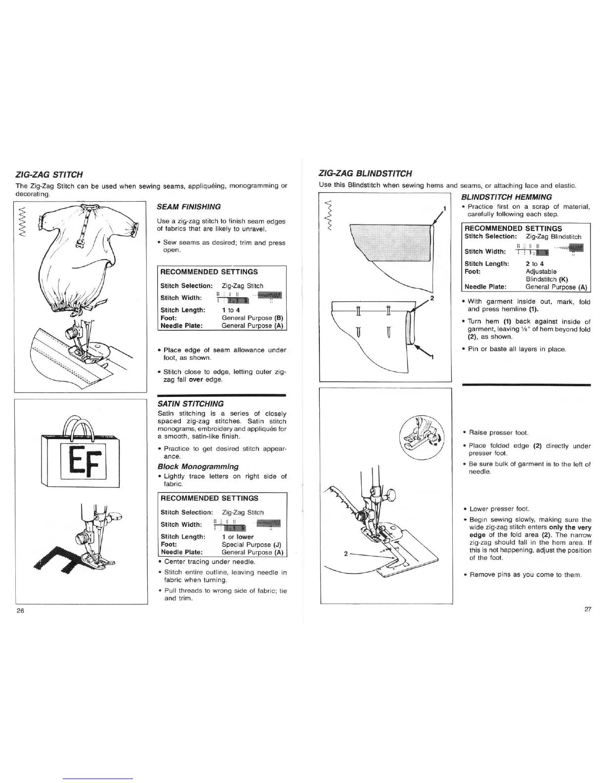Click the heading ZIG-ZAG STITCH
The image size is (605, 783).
click(x=49, y=174)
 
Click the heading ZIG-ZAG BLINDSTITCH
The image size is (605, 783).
click(x=366, y=174)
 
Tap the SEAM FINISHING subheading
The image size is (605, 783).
click(x=188, y=207)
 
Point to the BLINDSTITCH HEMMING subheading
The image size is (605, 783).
click(x=506, y=197)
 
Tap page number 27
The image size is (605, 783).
click(x=588, y=609)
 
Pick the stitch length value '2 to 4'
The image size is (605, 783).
click(x=534, y=264)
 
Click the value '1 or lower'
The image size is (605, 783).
click(x=238, y=537)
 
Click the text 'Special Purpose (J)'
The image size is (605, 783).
click(x=252, y=545)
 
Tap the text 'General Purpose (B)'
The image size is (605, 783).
click(x=252, y=318)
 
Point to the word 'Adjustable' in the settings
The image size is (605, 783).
click(x=541, y=271)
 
